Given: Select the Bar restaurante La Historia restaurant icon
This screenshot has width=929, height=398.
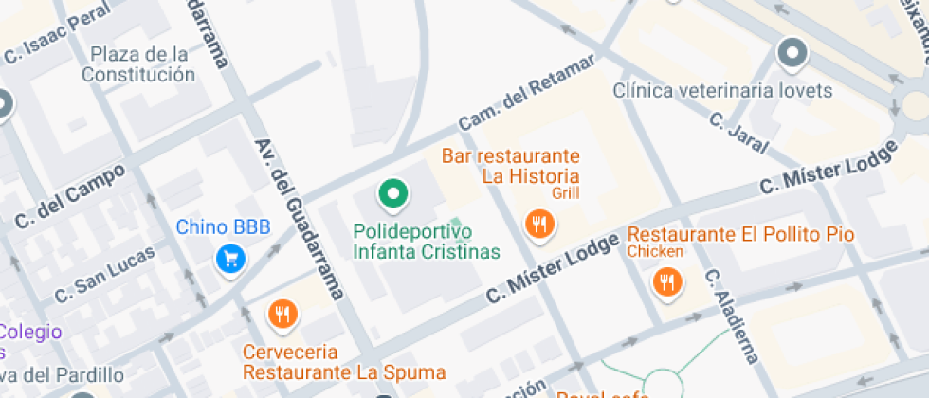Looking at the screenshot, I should tap(539, 225).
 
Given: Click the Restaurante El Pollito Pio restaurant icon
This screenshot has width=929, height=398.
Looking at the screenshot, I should tap(667, 281).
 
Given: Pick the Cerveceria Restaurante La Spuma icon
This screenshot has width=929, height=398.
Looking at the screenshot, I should tap(282, 314).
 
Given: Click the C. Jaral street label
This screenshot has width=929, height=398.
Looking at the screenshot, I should tap(738, 129).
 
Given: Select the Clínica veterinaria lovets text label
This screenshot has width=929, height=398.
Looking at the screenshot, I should tap(721, 91).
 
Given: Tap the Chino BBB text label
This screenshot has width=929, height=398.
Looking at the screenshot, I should tap(224, 227).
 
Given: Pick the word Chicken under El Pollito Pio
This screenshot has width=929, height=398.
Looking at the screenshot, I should tap(654, 252).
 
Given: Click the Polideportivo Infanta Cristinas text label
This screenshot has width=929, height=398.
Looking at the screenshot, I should tap(426, 242).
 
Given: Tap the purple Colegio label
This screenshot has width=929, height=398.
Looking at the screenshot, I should tap(30, 333).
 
